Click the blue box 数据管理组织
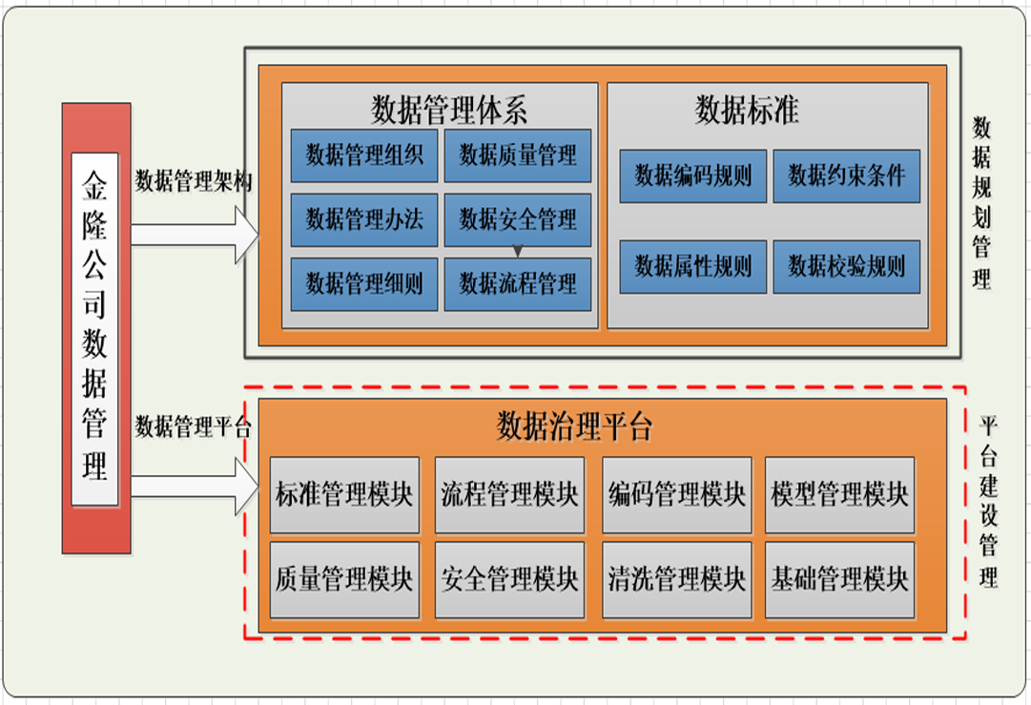tap(363, 156)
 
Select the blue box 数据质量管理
tap(517, 156)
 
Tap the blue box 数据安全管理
tap(517, 220)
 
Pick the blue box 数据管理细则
tap(363, 283)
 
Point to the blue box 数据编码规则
tap(692, 176)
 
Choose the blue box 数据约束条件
tap(846, 176)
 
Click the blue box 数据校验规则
tap(846, 266)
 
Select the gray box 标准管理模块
tap(344, 495)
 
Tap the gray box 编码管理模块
tap(676, 495)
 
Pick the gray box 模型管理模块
tap(839, 495)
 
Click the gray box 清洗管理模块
tap(676, 579)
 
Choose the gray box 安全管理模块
tap(509, 579)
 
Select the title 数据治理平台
tap(574, 426)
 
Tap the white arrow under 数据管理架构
tap(194, 233)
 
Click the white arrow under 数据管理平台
tap(194, 486)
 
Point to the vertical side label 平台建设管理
tap(988, 502)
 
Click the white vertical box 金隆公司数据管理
tap(94, 328)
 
